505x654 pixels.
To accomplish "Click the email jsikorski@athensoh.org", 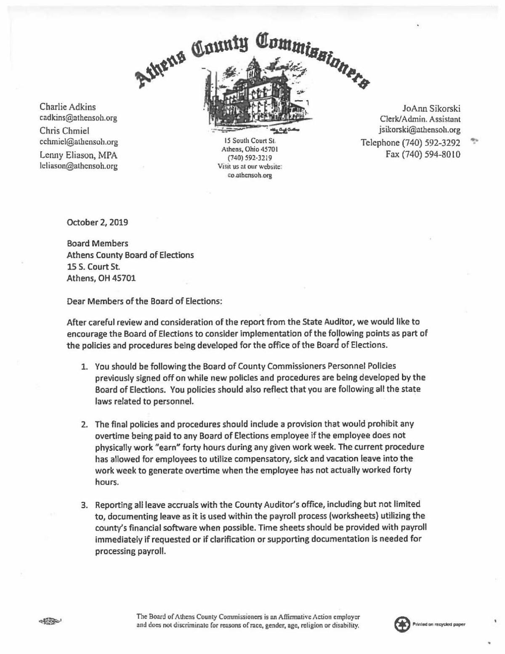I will (420, 130).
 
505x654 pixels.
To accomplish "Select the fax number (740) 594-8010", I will (423, 154).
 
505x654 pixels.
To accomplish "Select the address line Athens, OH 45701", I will (101, 278).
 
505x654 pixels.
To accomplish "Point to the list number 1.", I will (84, 367).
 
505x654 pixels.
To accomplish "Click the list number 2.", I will (84, 424).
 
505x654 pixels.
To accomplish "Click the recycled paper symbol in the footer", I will (401, 624).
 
